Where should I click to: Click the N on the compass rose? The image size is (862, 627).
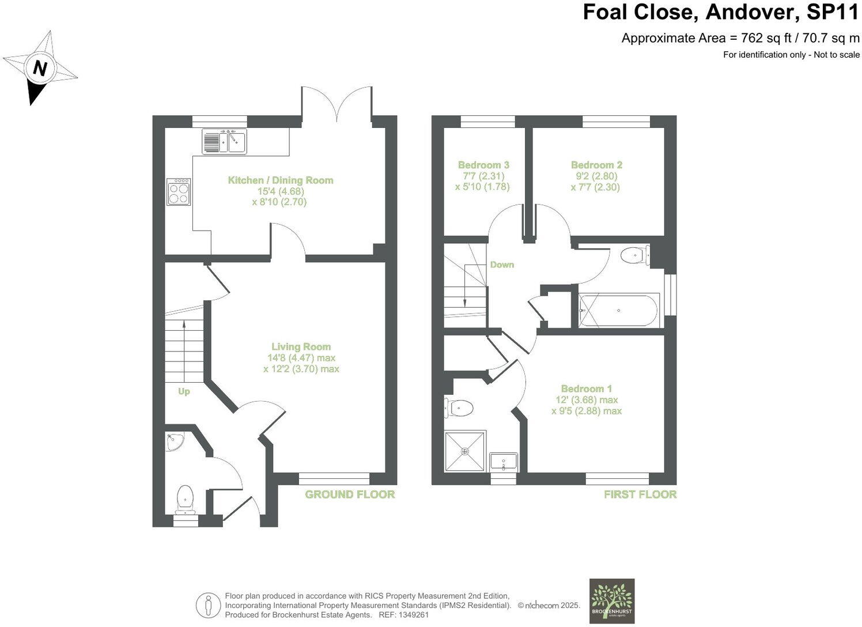coord(39,69)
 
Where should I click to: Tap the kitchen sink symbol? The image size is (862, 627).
coord(224,141)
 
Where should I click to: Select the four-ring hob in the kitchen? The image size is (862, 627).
coord(179,192)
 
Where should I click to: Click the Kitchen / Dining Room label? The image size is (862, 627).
coord(281,180)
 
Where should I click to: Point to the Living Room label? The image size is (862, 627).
coord(301,347)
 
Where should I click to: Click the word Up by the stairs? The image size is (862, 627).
coord(184,391)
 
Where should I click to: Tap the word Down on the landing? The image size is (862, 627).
coord(502,265)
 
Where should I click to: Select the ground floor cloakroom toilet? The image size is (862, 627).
coord(185,498)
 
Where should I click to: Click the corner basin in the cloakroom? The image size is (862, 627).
coord(173,442)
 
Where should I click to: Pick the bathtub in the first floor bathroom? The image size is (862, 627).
coord(619,311)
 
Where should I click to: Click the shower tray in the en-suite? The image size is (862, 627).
coord(465,451)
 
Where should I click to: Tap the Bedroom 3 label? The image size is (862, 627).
coord(483,165)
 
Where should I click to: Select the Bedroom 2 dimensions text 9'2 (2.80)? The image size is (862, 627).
coord(596,176)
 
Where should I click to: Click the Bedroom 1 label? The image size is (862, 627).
coord(587,388)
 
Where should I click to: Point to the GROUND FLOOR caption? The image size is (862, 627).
coord(350,494)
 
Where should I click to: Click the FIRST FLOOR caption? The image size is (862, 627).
coord(640,494)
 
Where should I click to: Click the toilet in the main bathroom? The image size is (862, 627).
coord(634,255)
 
